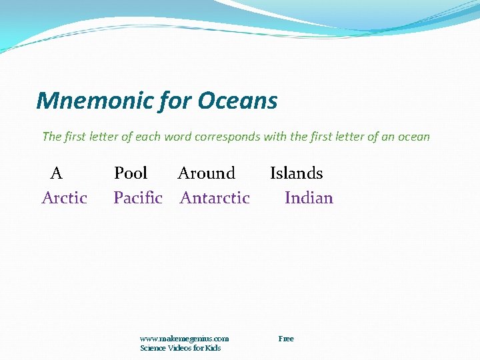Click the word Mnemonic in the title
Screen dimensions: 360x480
click(95, 101)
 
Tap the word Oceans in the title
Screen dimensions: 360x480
click(238, 101)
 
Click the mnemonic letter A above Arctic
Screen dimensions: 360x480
click(57, 173)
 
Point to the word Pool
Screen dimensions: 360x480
click(131, 173)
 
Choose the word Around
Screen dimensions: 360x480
click(207, 173)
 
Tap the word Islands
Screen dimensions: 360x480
click(296, 173)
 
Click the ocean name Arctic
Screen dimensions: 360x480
click(65, 198)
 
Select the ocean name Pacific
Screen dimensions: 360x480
click(138, 198)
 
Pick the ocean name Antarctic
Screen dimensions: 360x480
click(215, 198)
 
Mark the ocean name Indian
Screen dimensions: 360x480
click(309, 198)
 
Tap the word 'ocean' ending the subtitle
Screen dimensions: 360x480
click(413, 137)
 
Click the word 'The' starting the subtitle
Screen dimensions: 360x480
click(51, 137)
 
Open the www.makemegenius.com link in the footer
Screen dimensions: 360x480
click(185, 339)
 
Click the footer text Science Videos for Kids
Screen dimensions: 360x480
click(180, 348)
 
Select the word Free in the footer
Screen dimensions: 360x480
click(286, 339)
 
